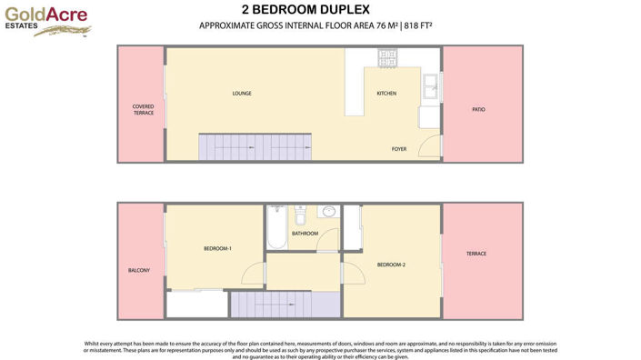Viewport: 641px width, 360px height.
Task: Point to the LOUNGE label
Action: pos(241,94)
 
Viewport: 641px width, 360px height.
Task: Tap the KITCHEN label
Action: pos(386,94)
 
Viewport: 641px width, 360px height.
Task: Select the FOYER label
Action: pos(398,148)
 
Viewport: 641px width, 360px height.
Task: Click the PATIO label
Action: pos(478,109)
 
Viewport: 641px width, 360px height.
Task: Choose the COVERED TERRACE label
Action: pos(143,109)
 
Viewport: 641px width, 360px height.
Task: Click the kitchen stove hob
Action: pos(388,57)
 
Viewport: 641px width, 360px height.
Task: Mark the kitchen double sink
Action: pos(430,88)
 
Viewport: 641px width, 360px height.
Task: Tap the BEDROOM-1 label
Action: pos(217,248)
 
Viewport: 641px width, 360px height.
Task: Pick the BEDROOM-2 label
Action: pos(391,265)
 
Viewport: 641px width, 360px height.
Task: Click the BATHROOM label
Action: pos(305,234)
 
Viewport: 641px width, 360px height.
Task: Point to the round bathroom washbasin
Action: pos(327,213)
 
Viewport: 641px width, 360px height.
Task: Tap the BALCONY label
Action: pos(139,270)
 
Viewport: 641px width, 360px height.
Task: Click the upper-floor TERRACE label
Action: pos(476,254)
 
